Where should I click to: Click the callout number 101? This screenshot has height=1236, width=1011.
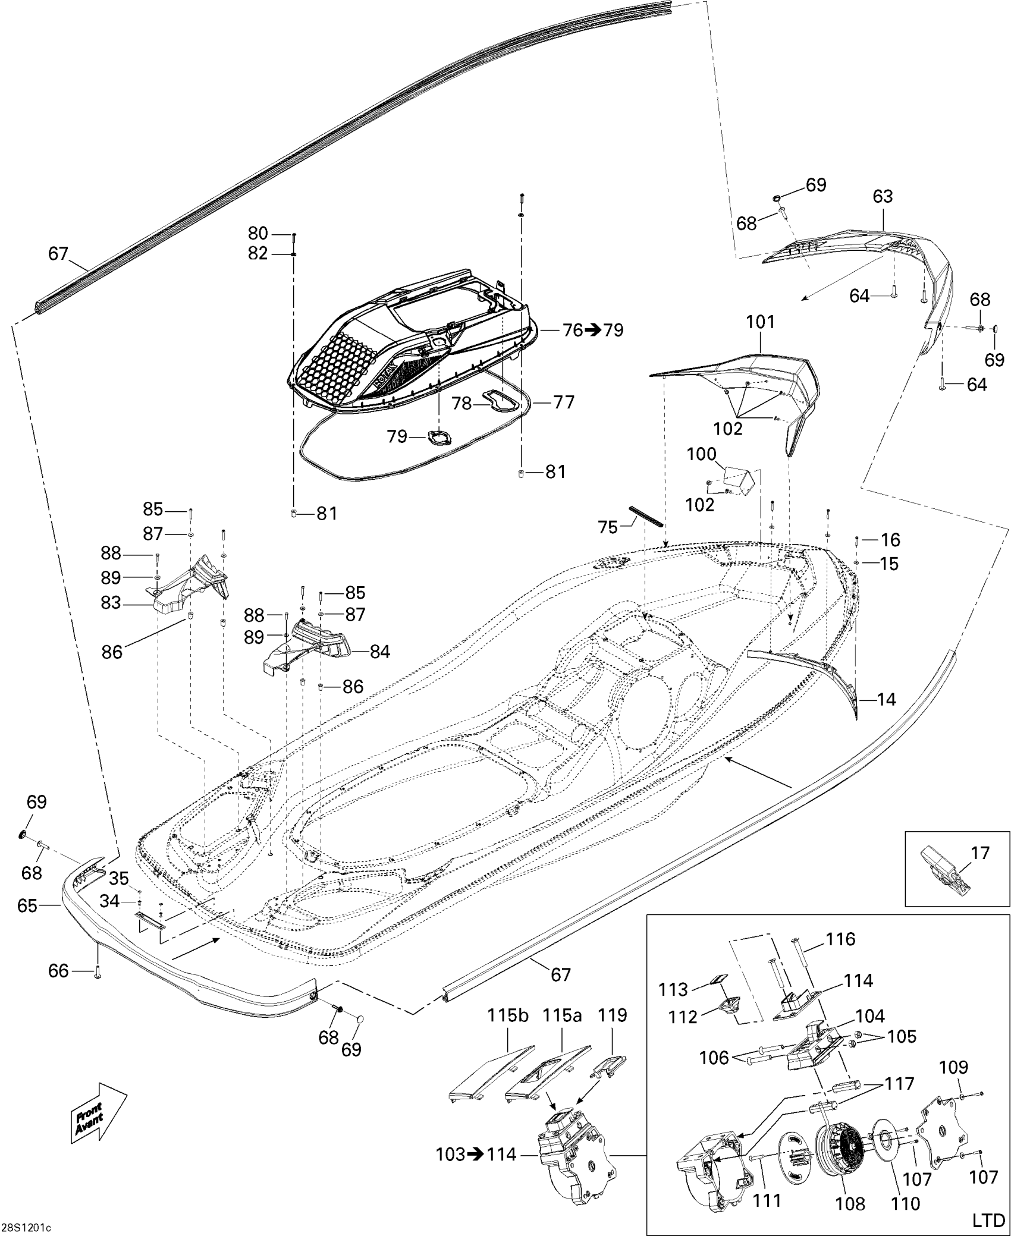click(761, 322)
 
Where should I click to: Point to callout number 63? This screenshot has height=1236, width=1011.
click(883, 197)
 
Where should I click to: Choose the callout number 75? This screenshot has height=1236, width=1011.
click(608, 527)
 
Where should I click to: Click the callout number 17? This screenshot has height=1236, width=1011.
click(979, 853)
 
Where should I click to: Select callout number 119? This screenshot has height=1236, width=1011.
click(613, 1015)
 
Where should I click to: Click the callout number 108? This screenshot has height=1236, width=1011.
click(850, 1203)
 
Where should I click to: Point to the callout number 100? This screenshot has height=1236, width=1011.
click(701, 455)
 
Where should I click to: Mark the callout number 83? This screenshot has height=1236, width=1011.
click(111, 603)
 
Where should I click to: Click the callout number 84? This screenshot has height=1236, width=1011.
click(380, 652)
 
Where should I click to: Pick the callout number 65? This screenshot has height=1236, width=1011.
click(27, 905)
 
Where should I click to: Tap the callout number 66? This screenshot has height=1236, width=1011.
click(58, 971)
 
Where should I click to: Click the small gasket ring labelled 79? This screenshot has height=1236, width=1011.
click(438, 438)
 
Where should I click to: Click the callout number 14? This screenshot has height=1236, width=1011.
click(886, 700)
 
